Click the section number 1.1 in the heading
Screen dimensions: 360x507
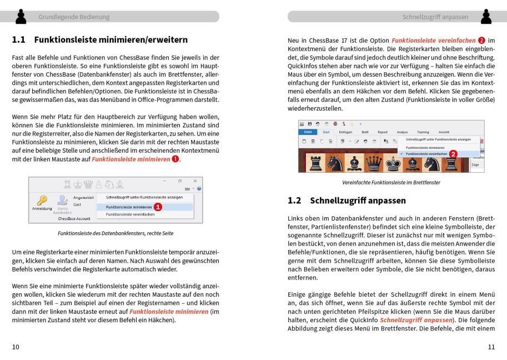(19, 40)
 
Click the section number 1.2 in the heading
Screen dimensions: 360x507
(294, 201)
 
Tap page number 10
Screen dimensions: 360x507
(16, 347)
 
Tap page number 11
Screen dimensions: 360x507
(491, 347)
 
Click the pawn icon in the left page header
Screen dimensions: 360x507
(21, 17)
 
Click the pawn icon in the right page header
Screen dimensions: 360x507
(486, 17)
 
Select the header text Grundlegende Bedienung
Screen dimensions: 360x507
(74, 17)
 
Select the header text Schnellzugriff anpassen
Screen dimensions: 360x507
(435, 17)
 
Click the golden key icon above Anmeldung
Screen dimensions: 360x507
(42, 200)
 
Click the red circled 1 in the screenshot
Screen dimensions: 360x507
(158, 207)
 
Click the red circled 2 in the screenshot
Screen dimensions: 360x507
(453, 154)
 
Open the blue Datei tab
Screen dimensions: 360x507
(308, 132)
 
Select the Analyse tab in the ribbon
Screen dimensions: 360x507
(402, 132)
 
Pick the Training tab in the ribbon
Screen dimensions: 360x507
(423, 132)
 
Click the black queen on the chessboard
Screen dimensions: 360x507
(373, 163)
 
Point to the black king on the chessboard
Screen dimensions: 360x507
(393, 163)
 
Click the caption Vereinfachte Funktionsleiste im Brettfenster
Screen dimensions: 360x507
(391, 182)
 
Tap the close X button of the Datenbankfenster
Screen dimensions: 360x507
(194, 181)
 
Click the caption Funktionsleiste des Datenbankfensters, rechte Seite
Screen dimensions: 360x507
(116, 233)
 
